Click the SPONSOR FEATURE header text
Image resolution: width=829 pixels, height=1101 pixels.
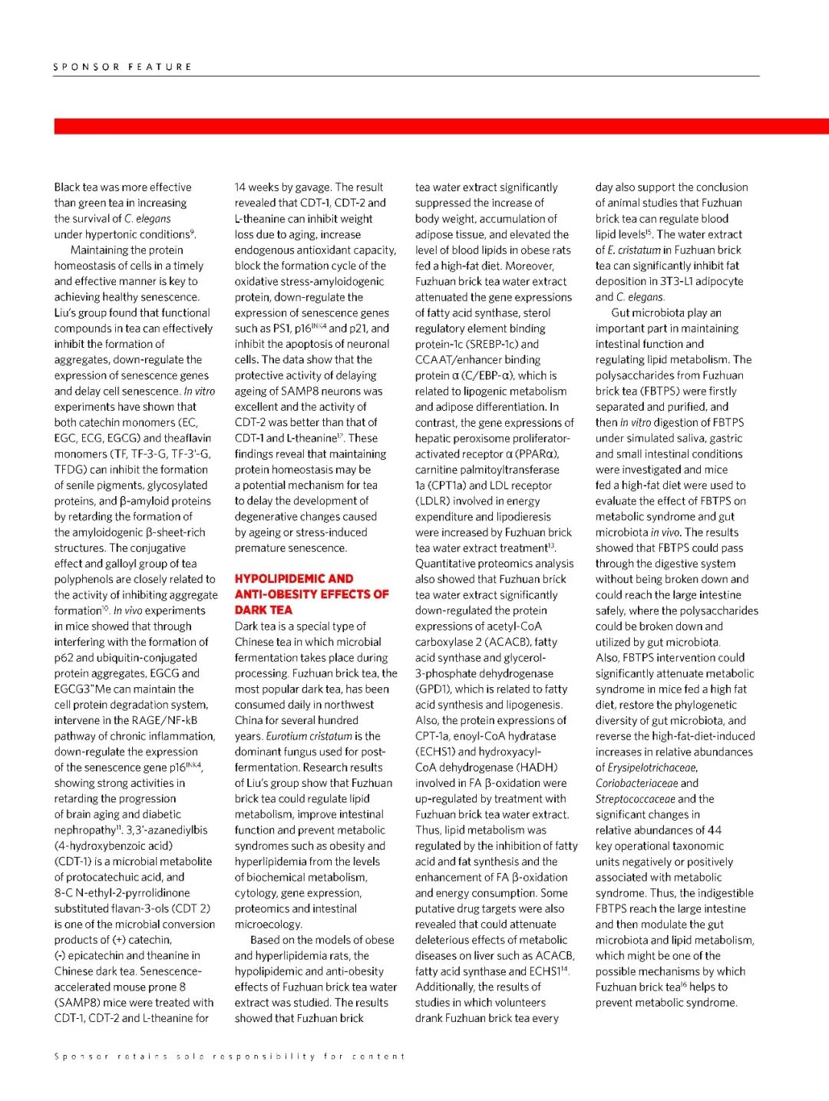click(122, 67)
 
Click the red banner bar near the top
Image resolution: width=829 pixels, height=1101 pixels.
click(441, 127)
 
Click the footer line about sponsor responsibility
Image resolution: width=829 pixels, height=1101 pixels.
click(229, 1056)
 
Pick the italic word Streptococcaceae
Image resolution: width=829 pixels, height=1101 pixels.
click(634, 799)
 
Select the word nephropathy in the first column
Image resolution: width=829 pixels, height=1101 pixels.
click(84, 831)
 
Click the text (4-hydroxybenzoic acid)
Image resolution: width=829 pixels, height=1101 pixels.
click(114, 846)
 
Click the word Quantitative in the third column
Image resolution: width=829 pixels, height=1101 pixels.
click(448, 564)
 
